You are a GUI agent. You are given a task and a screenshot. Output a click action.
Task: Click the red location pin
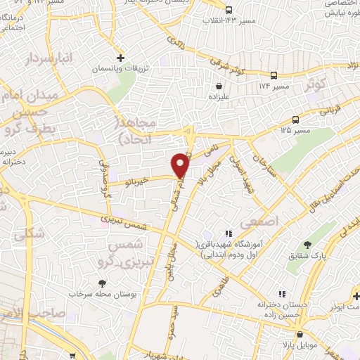tap(181, 165)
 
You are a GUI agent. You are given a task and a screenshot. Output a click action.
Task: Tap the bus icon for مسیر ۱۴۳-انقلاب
tap(229, 10)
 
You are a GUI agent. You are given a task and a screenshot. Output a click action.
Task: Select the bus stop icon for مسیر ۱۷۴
tap(274, 75)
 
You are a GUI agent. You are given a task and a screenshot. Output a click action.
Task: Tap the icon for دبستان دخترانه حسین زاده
tap(281, 293)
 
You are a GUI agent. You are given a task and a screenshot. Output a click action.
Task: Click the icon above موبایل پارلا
tap(300, 334)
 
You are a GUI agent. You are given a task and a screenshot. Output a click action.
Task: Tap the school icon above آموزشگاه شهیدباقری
tap(228, 233)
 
